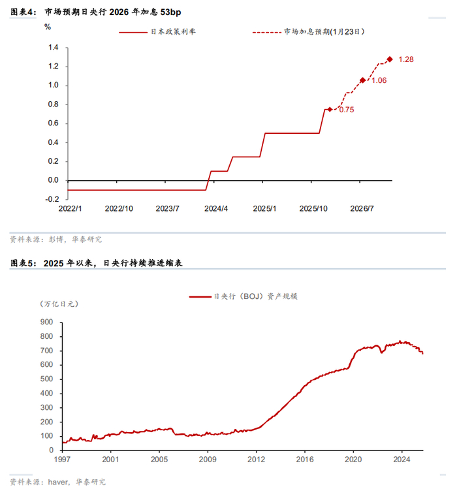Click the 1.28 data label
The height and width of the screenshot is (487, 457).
[406, 59]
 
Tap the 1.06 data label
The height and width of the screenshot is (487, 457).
[379, 81]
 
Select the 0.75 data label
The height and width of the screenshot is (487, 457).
[346, 110]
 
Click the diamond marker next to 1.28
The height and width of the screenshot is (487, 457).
[390, 59]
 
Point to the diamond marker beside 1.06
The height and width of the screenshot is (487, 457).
[363, 80]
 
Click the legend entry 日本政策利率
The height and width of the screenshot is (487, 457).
[173, 31]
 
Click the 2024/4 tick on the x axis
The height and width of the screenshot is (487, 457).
[216, 209]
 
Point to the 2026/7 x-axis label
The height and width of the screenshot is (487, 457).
[362, 209]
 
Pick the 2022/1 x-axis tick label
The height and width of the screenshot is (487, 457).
[70, 209]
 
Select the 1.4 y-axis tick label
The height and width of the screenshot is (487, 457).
[54, 48]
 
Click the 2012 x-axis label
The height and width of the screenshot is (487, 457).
[257, 460]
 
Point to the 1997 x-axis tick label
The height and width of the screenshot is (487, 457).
[63, 460]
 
